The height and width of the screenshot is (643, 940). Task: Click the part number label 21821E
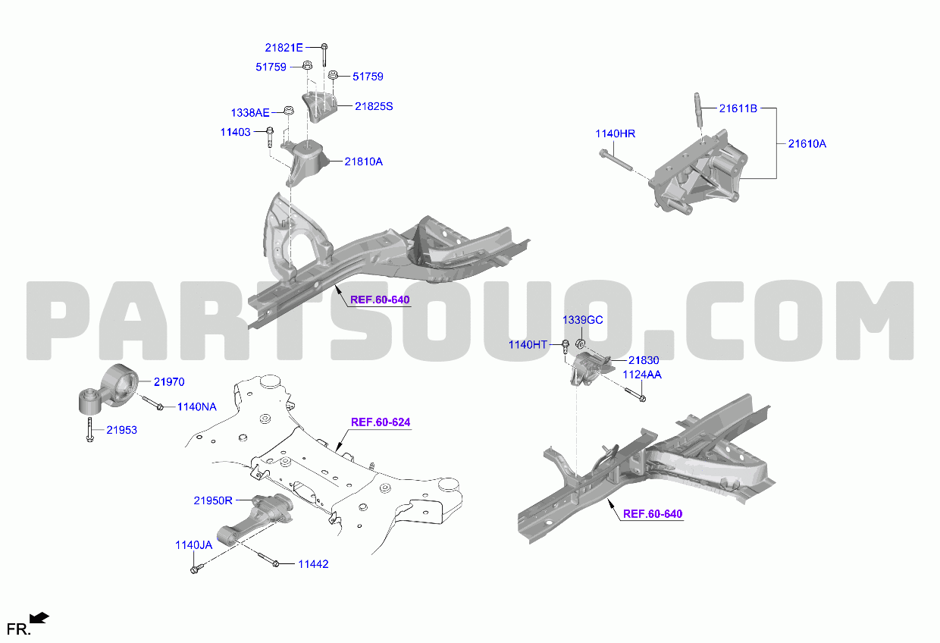(284, 48)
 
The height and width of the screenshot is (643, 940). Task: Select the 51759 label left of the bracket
(271, 67)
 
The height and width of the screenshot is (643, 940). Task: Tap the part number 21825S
(374, 106)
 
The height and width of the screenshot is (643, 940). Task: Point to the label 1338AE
(250, 112)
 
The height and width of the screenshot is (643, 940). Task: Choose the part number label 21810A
(363, 162)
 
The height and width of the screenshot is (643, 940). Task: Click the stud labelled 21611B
(698, 109)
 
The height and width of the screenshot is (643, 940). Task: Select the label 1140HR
(616, 133)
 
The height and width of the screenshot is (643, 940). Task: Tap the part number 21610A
(807, 143)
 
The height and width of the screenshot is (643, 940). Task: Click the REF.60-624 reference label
(381, 422)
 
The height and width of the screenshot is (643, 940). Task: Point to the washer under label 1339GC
(581, 344)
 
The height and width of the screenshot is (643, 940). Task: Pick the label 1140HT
(528, 344)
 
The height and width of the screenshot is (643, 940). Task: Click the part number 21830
(644, 360)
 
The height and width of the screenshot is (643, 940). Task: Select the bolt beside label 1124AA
(635, 394)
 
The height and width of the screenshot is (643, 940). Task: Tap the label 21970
(169, 381)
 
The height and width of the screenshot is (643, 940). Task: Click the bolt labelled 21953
(89, 429)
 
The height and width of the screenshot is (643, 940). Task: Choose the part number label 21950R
(213, 500)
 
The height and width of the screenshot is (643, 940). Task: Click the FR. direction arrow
(39, 617)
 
